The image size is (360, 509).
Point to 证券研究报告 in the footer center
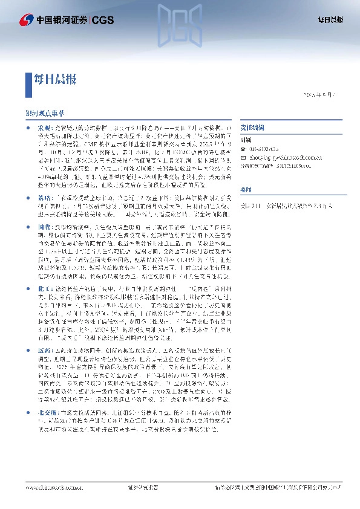[143, 487]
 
